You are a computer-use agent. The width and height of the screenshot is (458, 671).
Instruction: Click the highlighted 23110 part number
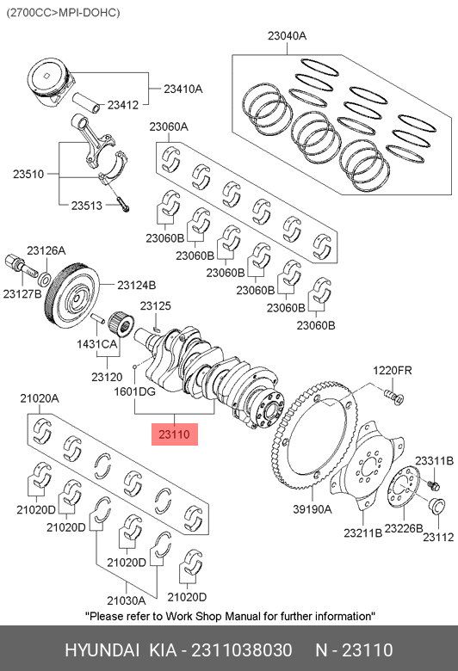click(x=175, y=434)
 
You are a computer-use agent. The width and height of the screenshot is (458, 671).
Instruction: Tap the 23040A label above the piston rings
click(x=287, y=36)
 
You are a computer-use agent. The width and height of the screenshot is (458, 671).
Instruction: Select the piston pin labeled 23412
click(x=86, y=102)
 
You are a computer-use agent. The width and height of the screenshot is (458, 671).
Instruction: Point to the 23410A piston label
click(x=183, y=89)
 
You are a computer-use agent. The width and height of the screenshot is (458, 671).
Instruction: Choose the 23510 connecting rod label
click(x=28, y=174)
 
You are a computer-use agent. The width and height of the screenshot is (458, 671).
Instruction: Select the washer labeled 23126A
click(x=44, y=279)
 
